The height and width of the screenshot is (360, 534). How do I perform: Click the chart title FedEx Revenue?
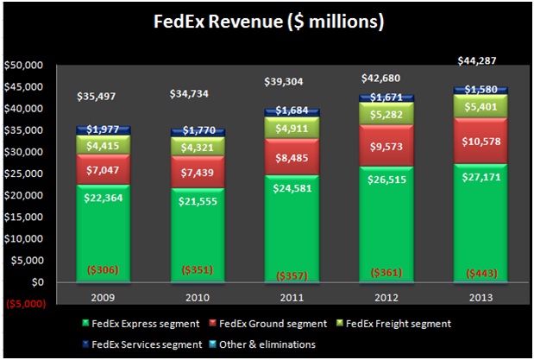click(267, 20)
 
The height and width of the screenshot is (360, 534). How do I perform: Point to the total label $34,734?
click(198, 92)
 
